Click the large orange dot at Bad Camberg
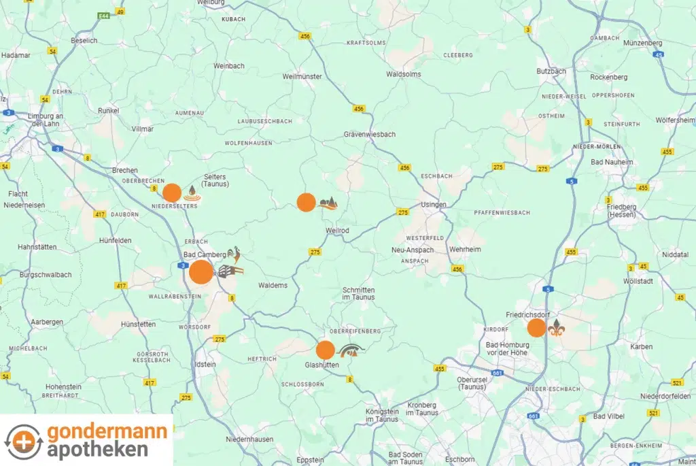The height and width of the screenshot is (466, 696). click(x=201, y=272)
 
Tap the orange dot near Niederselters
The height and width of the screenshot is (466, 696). click(x=172, y=193)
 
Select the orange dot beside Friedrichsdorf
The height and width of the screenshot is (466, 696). click(x=537, y=328)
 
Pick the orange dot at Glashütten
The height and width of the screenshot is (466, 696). click(x=326, y=350)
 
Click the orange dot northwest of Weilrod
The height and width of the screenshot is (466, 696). click(x=307, y=202)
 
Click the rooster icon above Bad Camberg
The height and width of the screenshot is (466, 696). click(x=234, y=255)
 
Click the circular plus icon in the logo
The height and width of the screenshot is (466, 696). click(x=24, y=440)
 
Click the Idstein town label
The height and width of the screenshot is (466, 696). click(x=205, y=365)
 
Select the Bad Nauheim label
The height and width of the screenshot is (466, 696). click(x=612, y=162)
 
